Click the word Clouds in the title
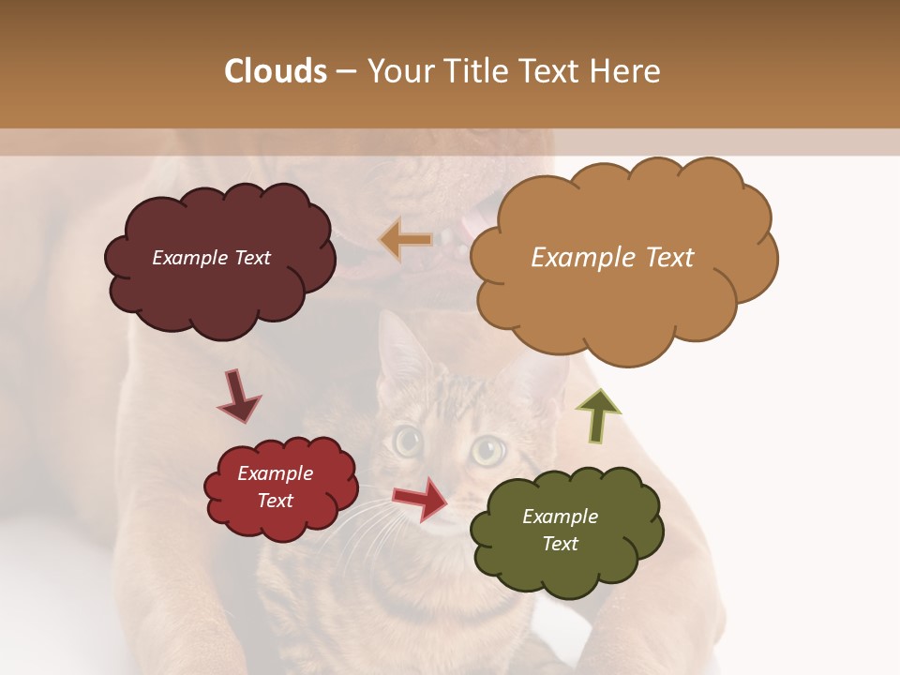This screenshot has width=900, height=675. pos(276,71)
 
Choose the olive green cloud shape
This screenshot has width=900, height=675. pos(567,562)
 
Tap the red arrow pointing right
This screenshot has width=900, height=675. pos(421,499)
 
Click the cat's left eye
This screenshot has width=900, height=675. pos(407,442)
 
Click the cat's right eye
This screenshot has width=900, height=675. pos(487,451)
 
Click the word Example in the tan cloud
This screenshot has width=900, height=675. pos(574,258)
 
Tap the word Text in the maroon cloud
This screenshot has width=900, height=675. pos(250,258)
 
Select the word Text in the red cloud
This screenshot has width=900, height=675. pos(276,501)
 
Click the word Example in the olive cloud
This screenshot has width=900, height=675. pos(560,517)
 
